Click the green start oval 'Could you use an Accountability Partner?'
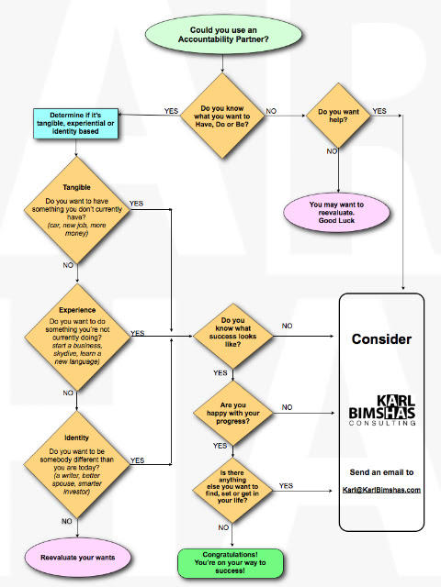(220, 38)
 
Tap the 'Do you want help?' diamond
(338, 116)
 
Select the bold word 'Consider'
(382, 339)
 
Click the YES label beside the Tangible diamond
(136, 203)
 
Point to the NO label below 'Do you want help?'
(332, 151)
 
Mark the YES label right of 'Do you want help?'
(379, 110)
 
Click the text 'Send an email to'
(382, 472)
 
